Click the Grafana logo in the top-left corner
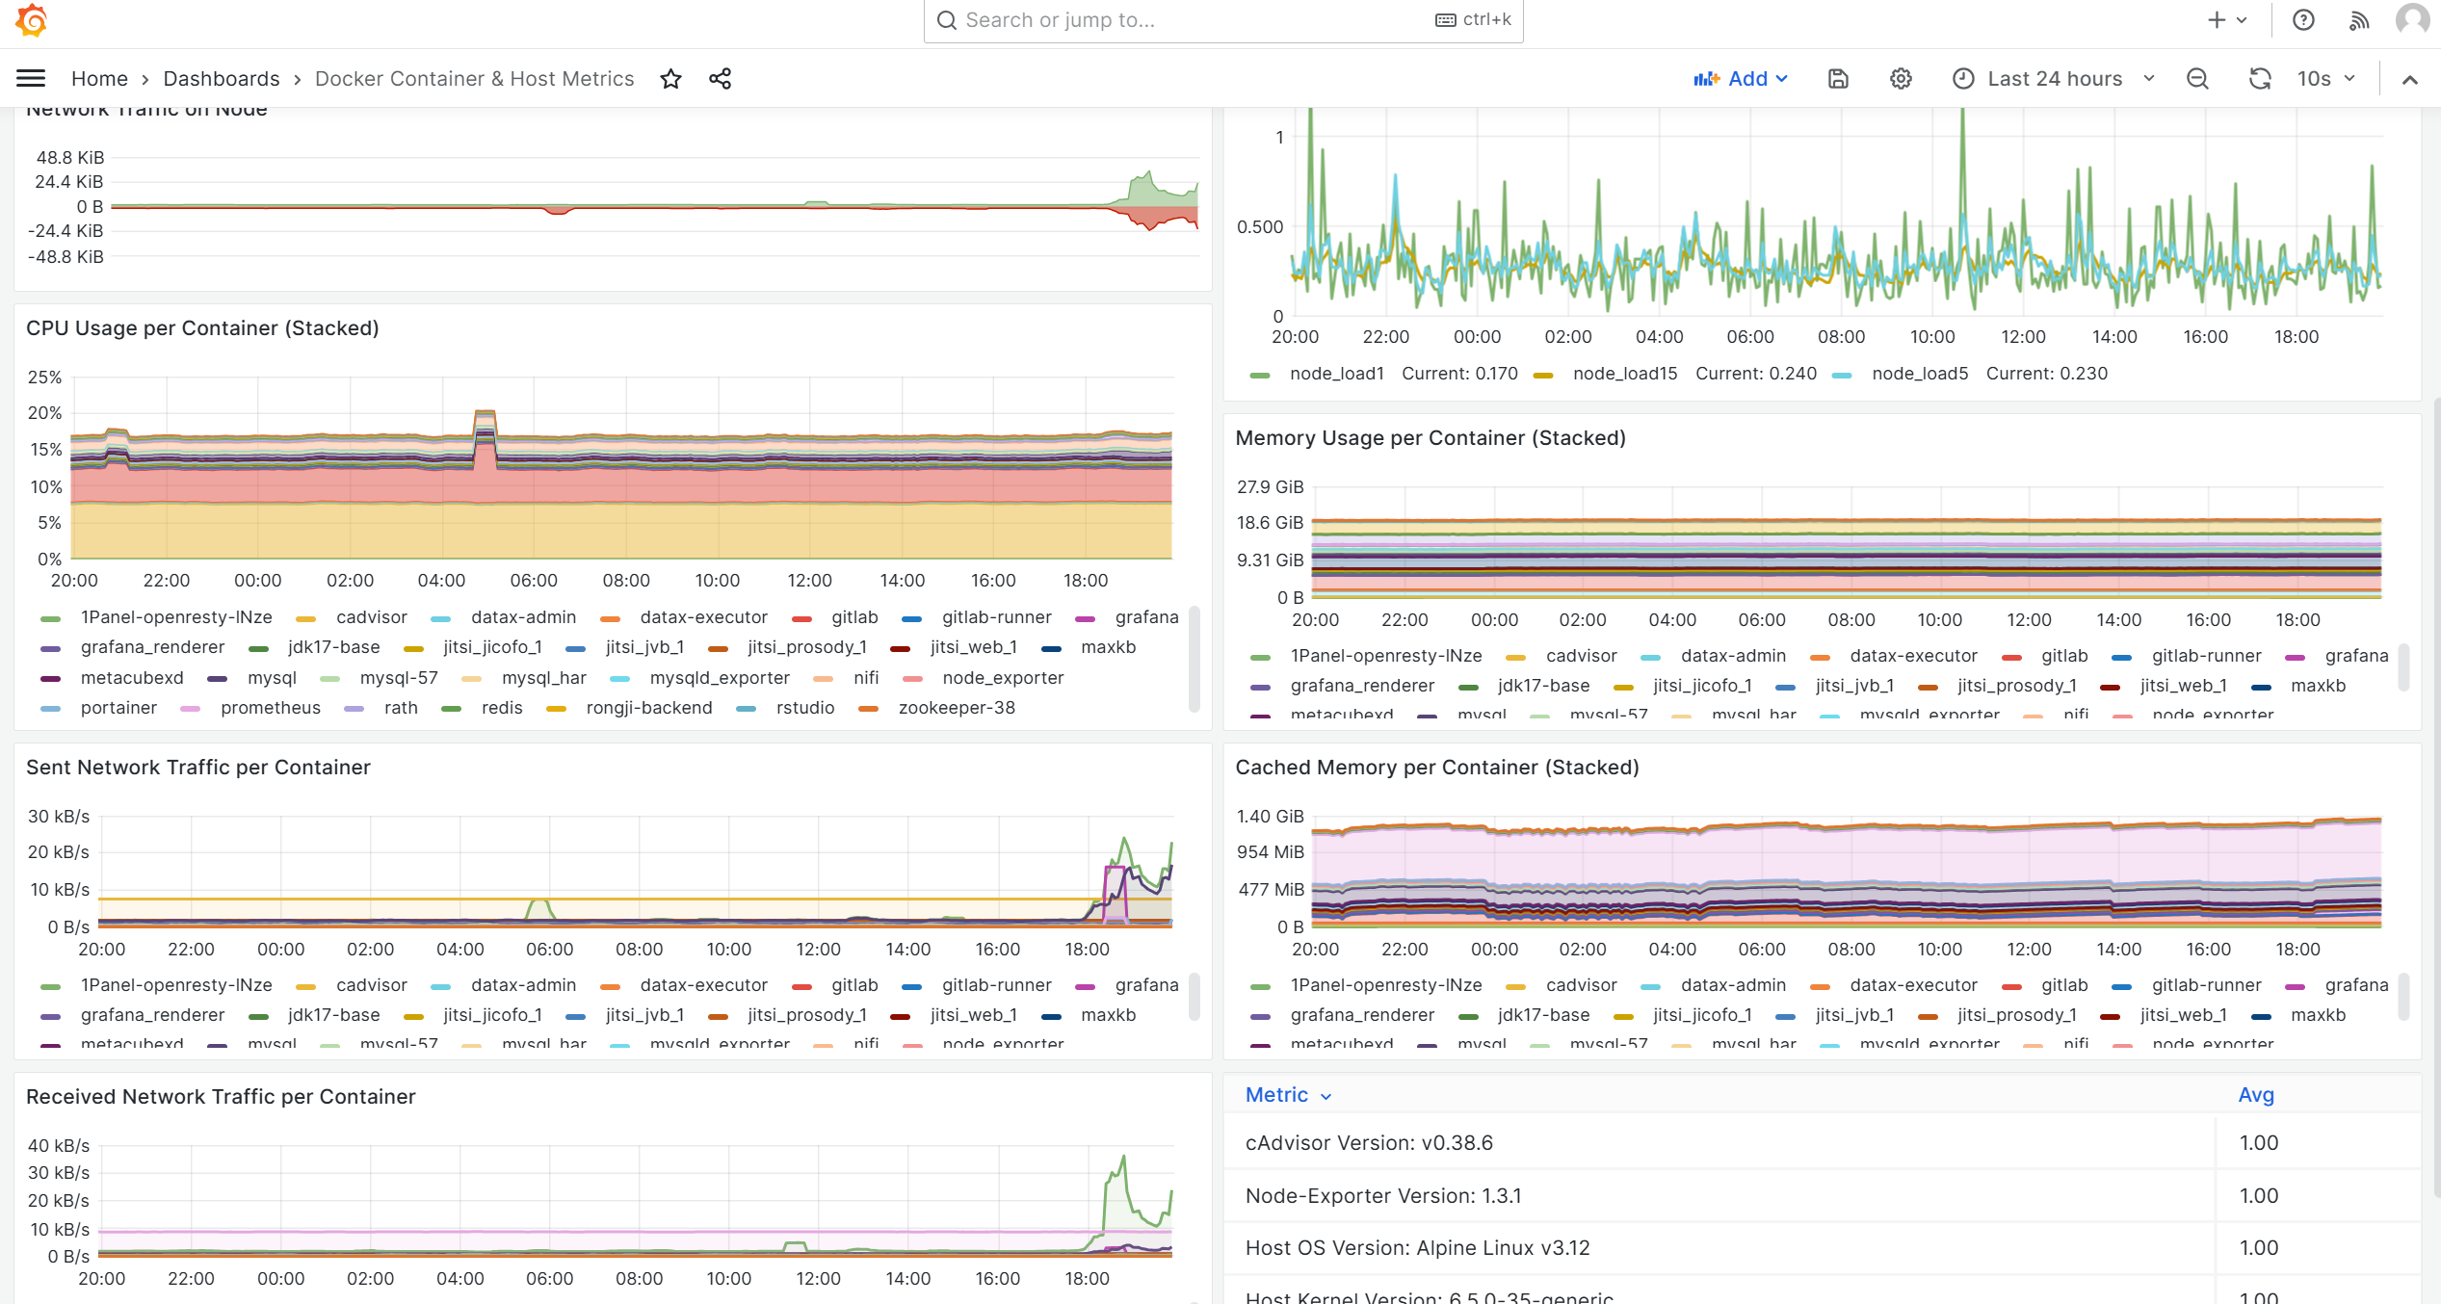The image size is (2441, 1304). point(31,20)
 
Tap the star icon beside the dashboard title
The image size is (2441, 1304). point(671,79)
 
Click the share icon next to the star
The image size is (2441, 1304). point(721,79)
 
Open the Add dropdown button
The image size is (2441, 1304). point(1742,79)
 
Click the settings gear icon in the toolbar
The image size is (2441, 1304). point(1901,79)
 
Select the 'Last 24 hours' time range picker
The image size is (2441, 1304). point(2054,79)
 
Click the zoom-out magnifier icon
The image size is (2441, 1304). point(2197,79)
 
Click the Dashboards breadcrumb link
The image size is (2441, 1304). point(222,79)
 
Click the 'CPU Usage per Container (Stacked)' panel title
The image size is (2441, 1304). point(202,328)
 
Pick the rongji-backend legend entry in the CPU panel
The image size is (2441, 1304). point(648,708)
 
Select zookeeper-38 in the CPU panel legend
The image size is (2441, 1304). point(956,708)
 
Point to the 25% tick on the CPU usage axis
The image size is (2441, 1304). point(44,378)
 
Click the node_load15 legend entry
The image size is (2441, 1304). point(1624,374)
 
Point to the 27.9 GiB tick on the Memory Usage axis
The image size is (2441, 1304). point(1270,487)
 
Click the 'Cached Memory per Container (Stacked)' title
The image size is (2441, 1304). point(1436,768)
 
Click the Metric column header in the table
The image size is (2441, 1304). point(1276,1095)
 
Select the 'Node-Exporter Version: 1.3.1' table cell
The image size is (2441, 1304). point(1383,1196)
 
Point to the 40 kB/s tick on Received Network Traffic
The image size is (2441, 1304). point(58,1146)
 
